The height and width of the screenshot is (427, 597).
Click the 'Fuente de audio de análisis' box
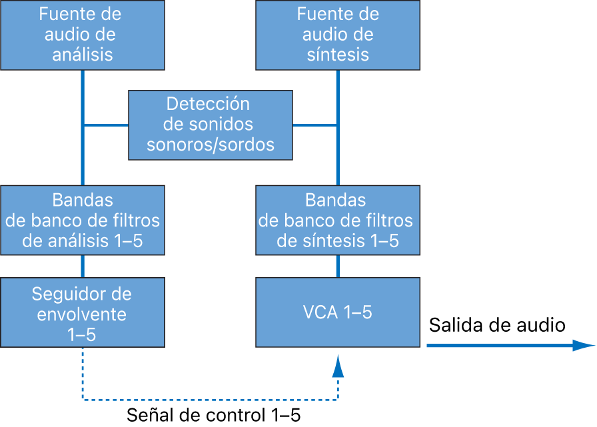click(x=83, y=35)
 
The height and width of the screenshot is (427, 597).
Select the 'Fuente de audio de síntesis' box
click(x=338, y=35)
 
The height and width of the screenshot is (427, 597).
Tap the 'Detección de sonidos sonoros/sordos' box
click(x=210, y=125)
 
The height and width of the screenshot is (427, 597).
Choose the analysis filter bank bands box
click(x=83, y=220)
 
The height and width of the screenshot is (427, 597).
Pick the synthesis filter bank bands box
click(x=338, y=220)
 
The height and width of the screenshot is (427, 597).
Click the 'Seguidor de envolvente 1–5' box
click(x=83, y=313)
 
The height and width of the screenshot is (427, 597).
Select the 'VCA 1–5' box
click(x=338, y=313)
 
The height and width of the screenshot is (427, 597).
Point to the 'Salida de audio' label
click(x=497, y=325)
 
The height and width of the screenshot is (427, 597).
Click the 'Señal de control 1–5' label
click(x=213, y=415)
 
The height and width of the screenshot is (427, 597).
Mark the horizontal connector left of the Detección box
click(x=105, y=125)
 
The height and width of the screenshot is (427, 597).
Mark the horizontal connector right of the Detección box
click(x=315, y=125)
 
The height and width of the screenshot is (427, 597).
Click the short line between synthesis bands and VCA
click(x=338, y=266)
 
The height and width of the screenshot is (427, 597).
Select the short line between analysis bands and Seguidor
click(x=83, y=266)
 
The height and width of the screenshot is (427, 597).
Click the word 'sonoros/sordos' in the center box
click(x=210, y=144)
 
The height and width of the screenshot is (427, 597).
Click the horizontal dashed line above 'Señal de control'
click(x=210, y=399)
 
